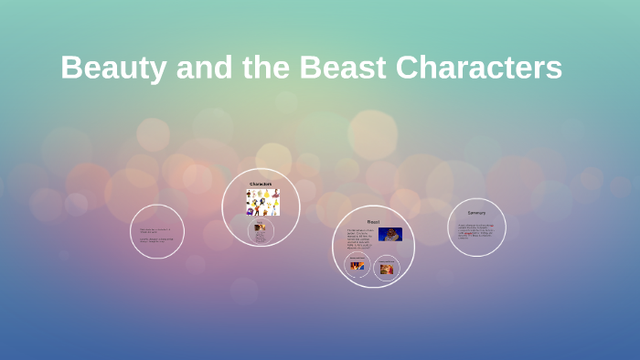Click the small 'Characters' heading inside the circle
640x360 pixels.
(x=261, y=184)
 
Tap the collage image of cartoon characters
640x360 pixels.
(x=262, y=202)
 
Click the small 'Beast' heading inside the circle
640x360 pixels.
(x=373, y=221)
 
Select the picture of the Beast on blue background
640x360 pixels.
(x=390, y=235)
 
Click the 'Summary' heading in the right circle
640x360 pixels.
(x=476, y=213)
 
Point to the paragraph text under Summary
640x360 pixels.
(x=475, y=231)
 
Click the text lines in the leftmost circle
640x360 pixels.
(x=155, y=235)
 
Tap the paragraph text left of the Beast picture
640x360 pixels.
(x=360, y=239)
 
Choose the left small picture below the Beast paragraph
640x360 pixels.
(x=357, y=266)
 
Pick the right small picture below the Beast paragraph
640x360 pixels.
(x=387, y=269)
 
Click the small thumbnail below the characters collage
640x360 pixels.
(x=261, y=227)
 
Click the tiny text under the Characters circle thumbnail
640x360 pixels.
(x=261, y=237)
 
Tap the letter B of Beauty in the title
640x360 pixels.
(x=72, y=69)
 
